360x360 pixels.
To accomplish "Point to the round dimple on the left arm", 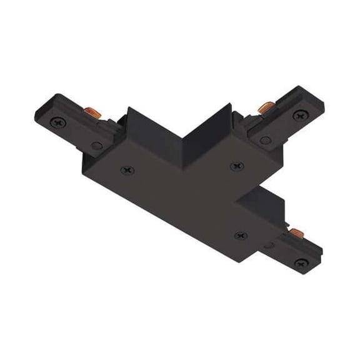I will point(96,145).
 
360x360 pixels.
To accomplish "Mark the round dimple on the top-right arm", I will point(265,139).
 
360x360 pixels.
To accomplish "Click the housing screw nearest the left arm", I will point(128,168).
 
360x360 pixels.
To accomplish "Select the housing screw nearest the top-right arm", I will point(236,166).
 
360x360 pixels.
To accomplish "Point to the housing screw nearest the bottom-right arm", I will point(241,235).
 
